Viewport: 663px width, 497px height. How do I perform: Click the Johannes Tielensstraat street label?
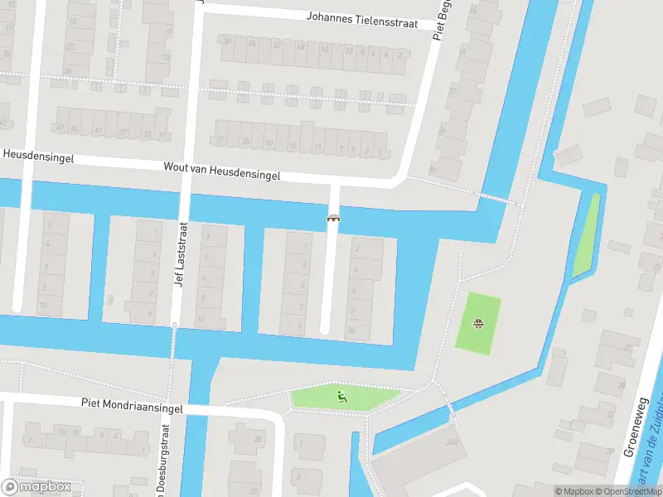click(x=369, y=19)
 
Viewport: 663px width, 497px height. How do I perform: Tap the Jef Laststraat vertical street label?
click(x=178, y=253)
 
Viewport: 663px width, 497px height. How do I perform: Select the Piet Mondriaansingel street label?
click(x=132, y=405)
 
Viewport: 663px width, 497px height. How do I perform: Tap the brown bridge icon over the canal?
click(x=334, y=219)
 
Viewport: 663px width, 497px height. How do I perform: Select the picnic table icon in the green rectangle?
click(x=477, y=322)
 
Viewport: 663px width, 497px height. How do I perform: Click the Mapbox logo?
click(x=36, y=487)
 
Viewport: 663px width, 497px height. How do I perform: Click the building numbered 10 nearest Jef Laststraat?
click(x=201, y=318)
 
